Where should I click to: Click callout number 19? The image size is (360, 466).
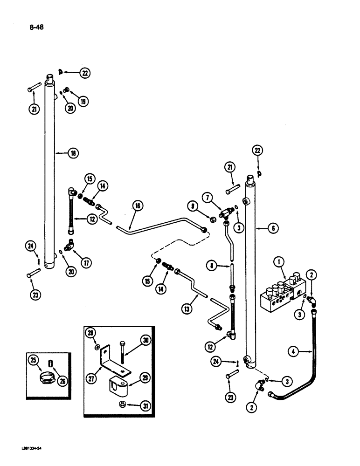(83, 101)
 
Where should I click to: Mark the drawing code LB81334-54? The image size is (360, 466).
(31, 450)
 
